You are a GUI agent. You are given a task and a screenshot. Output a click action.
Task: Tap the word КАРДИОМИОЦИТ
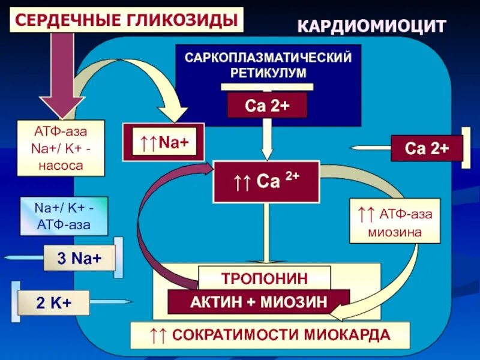(372, 26)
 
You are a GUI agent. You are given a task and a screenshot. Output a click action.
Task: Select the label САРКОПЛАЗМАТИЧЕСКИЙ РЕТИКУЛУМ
(268, 65)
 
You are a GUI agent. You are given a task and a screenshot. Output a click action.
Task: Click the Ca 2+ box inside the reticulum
(267, 106)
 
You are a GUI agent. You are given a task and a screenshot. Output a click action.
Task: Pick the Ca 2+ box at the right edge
(427, 148)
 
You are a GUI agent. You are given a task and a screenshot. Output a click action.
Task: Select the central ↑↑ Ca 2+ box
(265, 181)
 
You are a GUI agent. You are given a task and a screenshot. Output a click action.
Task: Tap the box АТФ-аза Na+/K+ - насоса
(61, 148)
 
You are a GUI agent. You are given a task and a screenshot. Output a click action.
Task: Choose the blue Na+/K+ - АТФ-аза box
(64, 216)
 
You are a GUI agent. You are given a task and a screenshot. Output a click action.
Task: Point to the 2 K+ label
(53, 303)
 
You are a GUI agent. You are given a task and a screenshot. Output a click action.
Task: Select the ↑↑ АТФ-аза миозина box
(394, 220)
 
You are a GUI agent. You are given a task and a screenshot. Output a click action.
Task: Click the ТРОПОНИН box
(264, 278)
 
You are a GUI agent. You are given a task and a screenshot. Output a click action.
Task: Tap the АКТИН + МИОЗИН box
(259, 302)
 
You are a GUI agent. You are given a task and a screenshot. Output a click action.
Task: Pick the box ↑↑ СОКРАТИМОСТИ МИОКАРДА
(270, 335)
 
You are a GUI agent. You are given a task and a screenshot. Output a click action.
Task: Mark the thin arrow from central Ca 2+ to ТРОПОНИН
(266, 232)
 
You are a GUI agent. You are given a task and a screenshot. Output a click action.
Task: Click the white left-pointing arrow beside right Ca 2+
(369, 148)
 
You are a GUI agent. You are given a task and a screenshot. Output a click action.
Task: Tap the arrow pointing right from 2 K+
(112, 302)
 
